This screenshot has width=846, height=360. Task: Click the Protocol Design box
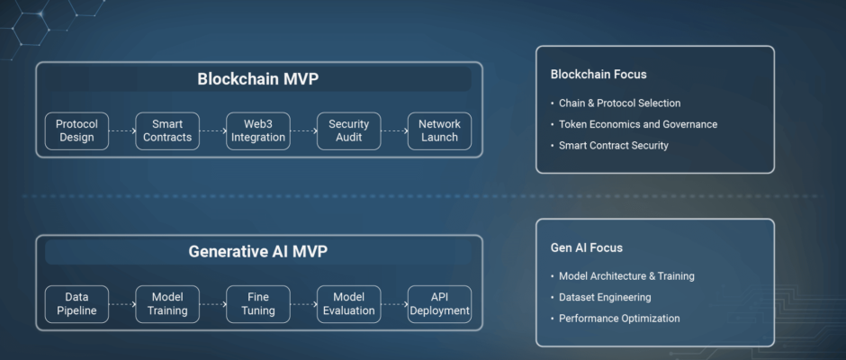click(x=76, y=131)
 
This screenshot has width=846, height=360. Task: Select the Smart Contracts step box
click(x=167, y=131)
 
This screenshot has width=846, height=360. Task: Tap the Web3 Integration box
click(x=258, y=131)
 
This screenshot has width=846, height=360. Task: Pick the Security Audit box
click(x=348, y=131)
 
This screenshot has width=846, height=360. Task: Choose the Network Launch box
click(x=439, y=131)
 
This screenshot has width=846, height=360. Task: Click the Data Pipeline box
click(x=76, y=304)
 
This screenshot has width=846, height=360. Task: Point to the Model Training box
click(x=167, y=304)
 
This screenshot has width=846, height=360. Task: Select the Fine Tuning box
click(x=258, y=304)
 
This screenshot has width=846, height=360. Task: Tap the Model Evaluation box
click(x=348, y=304)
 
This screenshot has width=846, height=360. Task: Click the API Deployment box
click(x=439, y=304)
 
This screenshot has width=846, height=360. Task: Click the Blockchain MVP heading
click(x=258, y=79)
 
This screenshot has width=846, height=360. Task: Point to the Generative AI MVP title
click(x=258, y=252)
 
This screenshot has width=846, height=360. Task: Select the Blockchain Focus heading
click(x=598, y=75)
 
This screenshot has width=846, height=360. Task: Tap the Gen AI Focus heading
click(x=587, y=247)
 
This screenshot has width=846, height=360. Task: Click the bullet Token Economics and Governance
click(x=634, y=125)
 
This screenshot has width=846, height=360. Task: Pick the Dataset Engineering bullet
click(x=601, y=297)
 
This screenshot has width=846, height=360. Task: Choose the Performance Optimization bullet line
click(x=615, y=319)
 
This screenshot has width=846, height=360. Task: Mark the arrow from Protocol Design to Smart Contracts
click(x=122, y=130)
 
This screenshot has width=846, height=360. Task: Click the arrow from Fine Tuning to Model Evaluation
click(x=304, y=304)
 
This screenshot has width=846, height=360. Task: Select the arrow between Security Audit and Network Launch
click(x=394, y=130)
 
